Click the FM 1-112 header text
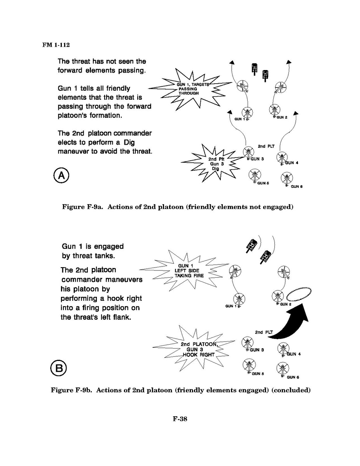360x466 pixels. (x=56, y=45)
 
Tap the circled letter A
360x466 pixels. (x=61, y=176)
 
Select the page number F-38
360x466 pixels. (x=180, y=419)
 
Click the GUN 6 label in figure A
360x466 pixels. (x=297, y=187)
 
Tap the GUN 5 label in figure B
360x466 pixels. (x=258, y=374)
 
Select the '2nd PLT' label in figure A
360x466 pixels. (x=266, y=146)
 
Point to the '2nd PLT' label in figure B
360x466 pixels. (x=264, y=332)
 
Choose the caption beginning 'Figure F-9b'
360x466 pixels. (x=180, y=390)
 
